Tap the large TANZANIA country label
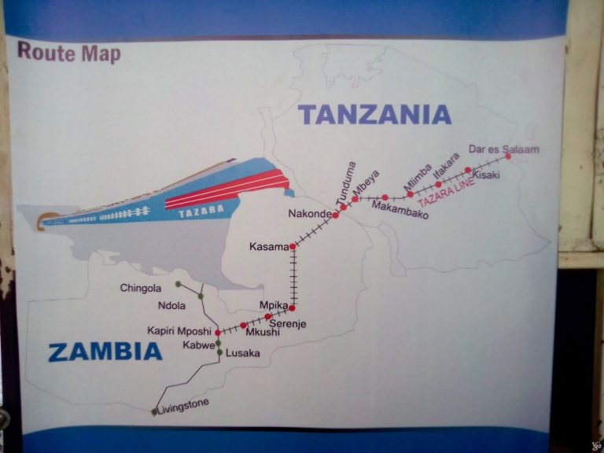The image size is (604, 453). click(375, 115)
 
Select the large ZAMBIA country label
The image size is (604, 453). click(105, 352)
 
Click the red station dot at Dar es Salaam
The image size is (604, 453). click(508, 156)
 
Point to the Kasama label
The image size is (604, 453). click(269, 247)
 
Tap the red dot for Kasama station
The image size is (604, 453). click(293, 247)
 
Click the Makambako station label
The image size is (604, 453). click(400, 209)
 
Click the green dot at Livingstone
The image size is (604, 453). click(154, 411)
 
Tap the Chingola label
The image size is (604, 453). click(141, 288)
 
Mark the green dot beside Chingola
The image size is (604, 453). click(179, 283)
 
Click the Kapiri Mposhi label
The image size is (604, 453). click(179, 331)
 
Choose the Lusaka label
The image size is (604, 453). click(242, 353)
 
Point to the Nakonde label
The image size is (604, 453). click(309, 213)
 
